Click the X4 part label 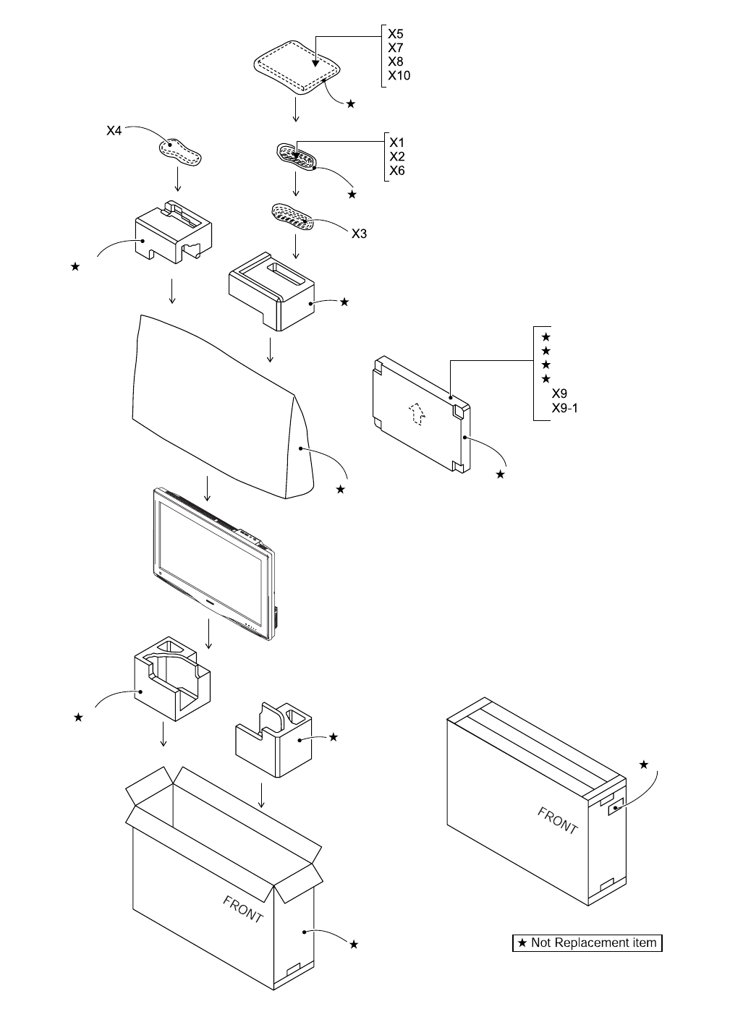tap(114, 131)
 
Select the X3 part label tap(359, 233)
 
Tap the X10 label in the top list tap(399, 75)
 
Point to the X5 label tap(395, 34)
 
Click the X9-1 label tap(564, 408)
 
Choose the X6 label tap(396, 171)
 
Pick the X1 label tap(396, 142)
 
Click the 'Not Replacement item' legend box tap(587, 942)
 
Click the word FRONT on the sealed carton tap(557, 820)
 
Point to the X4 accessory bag tap(180, 151)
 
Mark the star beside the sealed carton tap(644, 765)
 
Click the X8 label tap(395, 61)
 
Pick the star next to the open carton tap(353, 943)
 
